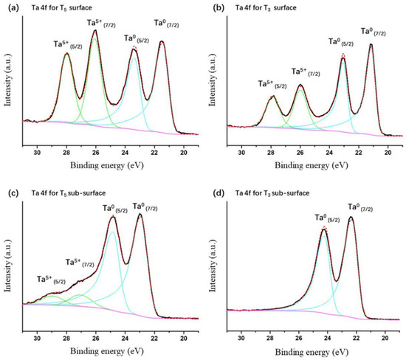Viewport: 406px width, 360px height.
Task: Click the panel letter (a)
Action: (10, 7)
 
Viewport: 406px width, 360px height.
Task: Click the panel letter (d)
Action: (213, 193)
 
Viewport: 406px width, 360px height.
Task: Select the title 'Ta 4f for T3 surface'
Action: (272, 7)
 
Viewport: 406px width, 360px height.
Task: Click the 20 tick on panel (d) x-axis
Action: (385, 339)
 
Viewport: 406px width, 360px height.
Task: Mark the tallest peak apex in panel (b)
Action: (370, 44)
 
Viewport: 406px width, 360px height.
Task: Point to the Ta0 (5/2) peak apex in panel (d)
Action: (324, 228)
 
